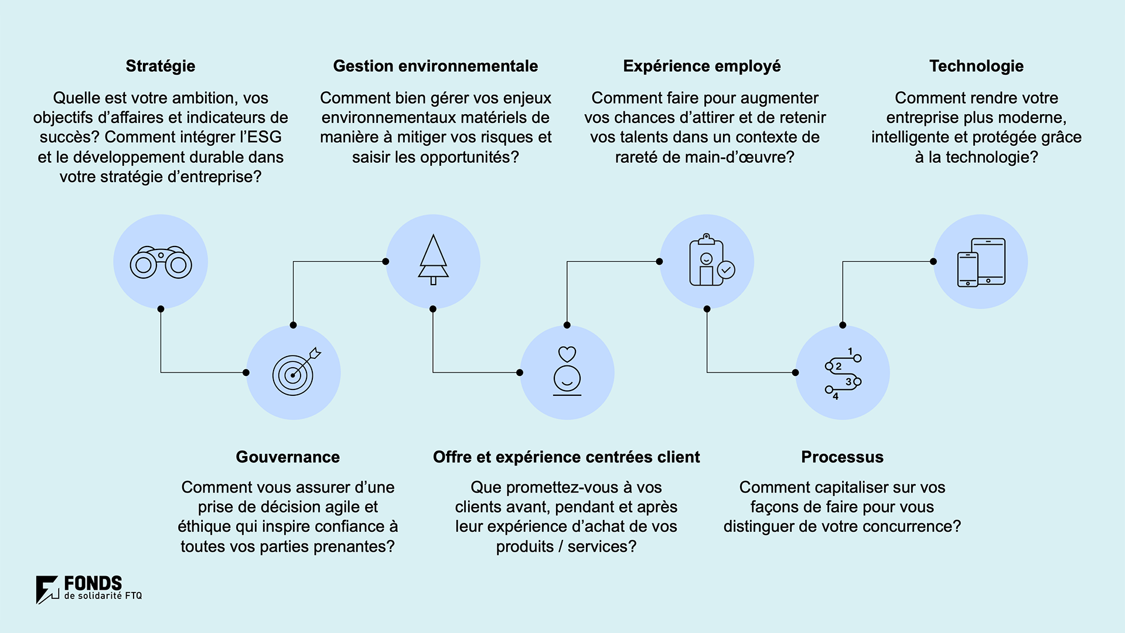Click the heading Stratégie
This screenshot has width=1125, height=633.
pos(161,66)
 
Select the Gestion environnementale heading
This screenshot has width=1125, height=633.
pos(435,66)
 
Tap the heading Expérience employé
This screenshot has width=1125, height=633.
pos(702,66)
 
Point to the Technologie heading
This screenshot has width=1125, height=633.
pos(976,66)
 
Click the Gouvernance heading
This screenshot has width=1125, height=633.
pos(288,457)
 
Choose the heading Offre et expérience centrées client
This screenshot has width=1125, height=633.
pos(567,457)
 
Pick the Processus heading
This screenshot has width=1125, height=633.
pos(842,457)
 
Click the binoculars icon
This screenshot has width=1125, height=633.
pos(161,262)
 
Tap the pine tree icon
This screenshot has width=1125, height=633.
pos(434,260)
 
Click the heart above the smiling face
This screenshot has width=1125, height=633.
pos(567,354)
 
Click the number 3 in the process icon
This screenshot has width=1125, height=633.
pos(848,382)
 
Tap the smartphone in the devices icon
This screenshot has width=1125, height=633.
pos(968,269)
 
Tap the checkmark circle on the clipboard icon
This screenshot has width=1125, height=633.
pos(726,269)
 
